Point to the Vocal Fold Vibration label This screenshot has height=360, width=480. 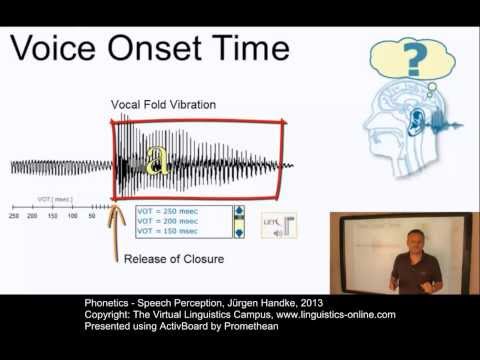click(x=164, y=105)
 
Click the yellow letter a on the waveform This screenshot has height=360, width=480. click(x=156, y=160)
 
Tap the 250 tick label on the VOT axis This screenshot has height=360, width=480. click(x=14, y=215)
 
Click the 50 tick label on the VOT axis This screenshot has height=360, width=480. click(x=92, y=215)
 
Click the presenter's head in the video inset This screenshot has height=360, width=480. click(x=413, y=240)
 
